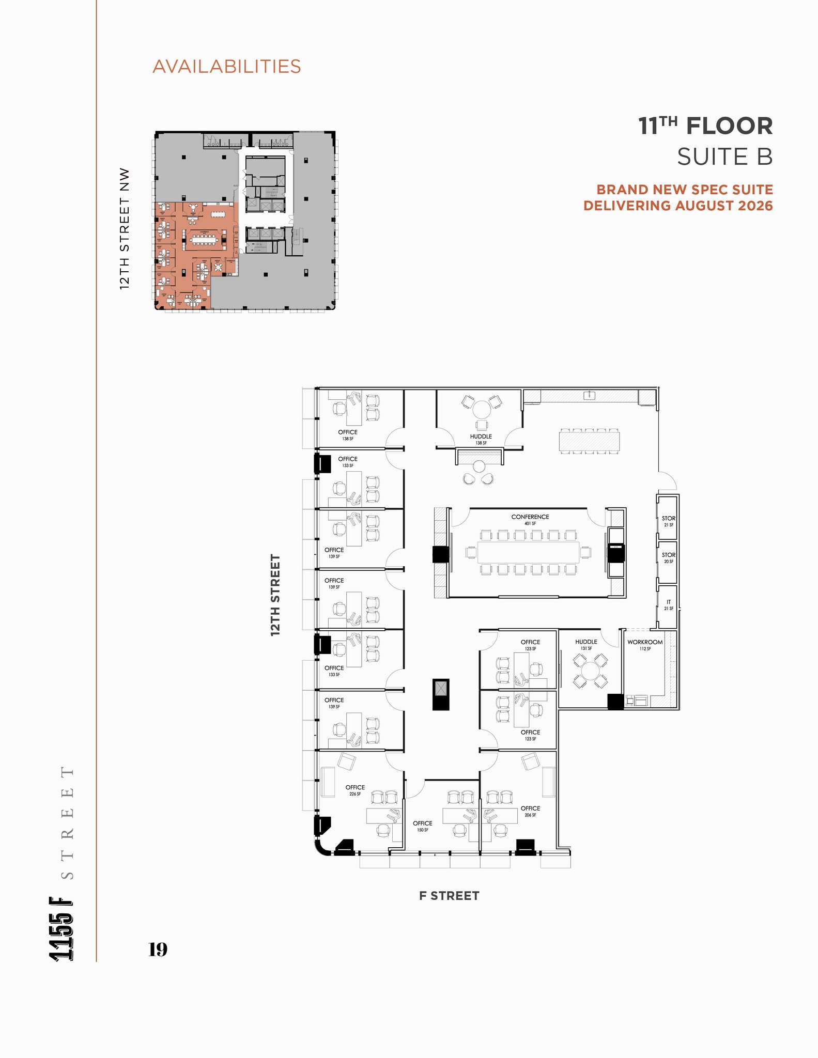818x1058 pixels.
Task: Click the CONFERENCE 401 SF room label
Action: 530,519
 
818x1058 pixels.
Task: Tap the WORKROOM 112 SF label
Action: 644,645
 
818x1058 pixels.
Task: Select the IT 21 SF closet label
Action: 668,605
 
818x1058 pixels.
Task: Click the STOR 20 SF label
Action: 668,557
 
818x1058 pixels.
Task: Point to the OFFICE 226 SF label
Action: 355,790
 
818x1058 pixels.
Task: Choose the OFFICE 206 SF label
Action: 530,811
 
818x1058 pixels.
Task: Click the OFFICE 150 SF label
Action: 422,826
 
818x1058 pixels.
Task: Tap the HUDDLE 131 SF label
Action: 586,644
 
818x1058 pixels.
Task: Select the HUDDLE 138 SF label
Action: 481,439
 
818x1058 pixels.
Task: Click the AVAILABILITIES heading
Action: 226,67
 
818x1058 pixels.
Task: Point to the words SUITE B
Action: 724,157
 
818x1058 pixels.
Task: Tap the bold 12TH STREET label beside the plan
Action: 275,595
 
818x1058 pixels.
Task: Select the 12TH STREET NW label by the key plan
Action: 125,228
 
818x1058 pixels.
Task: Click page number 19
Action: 158,950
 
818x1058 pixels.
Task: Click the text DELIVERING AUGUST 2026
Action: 678,206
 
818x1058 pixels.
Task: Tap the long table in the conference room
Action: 528,552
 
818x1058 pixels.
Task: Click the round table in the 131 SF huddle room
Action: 589,671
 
